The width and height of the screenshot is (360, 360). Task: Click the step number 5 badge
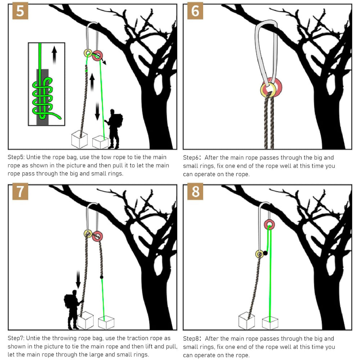[20, 11]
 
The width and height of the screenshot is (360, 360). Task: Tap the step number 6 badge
[195, 11]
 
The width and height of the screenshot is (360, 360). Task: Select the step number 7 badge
[20, 191]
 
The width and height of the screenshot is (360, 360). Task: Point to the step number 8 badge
[195, 191]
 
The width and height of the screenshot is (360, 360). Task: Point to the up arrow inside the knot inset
[54, 55]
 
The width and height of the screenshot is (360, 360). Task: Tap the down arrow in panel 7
[78, 279]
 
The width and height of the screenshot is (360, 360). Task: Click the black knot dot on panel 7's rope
[102, 277]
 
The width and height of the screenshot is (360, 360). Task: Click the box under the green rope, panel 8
[270, 323]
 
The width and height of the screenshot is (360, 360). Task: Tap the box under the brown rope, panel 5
[80, 140]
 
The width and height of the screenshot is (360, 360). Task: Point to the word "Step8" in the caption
[192, 339]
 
